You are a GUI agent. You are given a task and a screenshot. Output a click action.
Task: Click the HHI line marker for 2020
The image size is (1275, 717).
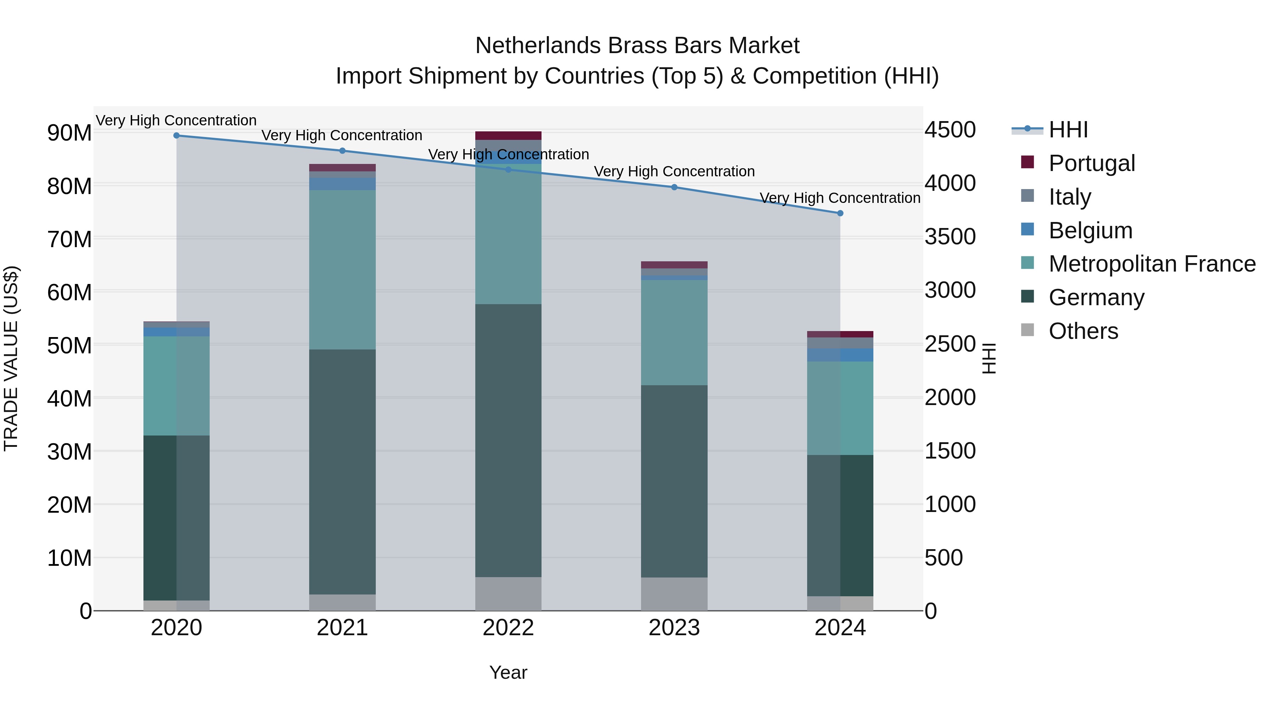[x=176, y=136]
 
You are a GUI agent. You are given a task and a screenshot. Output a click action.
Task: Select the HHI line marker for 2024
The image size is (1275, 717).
[x=840, y=213]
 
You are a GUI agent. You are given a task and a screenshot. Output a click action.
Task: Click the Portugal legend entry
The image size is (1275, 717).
[x=1092, y=163]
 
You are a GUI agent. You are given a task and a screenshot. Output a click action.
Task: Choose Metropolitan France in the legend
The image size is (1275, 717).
[x=1152, y=264]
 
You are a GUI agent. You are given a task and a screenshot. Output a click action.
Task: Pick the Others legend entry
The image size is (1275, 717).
[x=1083, y=331]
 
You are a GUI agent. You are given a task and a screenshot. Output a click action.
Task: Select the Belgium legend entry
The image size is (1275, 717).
[x=1090, y=231]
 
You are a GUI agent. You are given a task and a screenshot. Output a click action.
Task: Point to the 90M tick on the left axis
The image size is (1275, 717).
[x=69, y=133]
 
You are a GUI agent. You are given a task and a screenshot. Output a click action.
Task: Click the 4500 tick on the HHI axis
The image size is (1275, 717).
[x=950, y=130]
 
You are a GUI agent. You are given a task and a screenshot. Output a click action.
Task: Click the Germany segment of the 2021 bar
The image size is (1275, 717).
[x=342, y=472]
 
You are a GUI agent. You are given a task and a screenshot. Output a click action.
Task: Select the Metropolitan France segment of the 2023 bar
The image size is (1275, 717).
[x=674, y=332]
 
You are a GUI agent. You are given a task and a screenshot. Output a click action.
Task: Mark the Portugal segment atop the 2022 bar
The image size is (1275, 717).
[x=508, y=136]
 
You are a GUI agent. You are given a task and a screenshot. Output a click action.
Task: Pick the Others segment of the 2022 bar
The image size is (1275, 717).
[x=508, y=594]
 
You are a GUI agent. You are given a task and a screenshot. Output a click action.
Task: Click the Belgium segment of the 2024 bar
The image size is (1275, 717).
[x=840, y=355]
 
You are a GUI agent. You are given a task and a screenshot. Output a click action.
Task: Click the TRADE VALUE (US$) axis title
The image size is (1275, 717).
[x=11, y=358]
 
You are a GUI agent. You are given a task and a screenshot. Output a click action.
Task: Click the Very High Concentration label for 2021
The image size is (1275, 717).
[x=342, y=136]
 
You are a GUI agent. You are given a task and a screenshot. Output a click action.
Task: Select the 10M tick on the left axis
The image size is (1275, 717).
[x=69, y=558]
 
